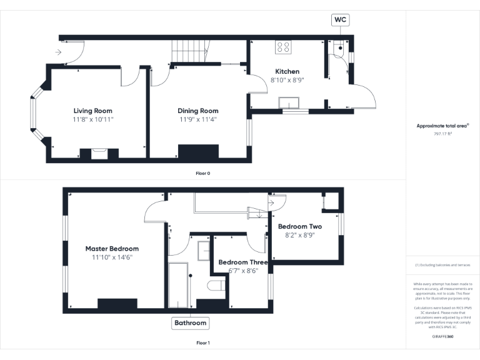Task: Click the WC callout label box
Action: [340, 20]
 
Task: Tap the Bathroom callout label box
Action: [190, 323]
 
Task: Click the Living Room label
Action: [93, 111]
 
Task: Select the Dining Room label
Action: [198, 111]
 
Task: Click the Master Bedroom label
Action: [112, 249]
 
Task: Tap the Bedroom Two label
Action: [300, 226]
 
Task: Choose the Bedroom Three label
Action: [242, 262]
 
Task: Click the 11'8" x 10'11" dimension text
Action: [93, 119]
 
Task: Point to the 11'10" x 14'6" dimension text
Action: [112, 257]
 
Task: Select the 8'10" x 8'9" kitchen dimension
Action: [287, 80]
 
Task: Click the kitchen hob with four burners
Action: [283, 47]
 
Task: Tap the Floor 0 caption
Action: [203, 172]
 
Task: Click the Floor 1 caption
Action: [203, 342]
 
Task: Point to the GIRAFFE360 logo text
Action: [442, 337]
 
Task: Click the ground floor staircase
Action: [189, 51]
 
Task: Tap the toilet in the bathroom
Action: [214, 286]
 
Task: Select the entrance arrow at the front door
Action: [59, 52]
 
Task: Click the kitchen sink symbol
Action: [289, 104]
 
